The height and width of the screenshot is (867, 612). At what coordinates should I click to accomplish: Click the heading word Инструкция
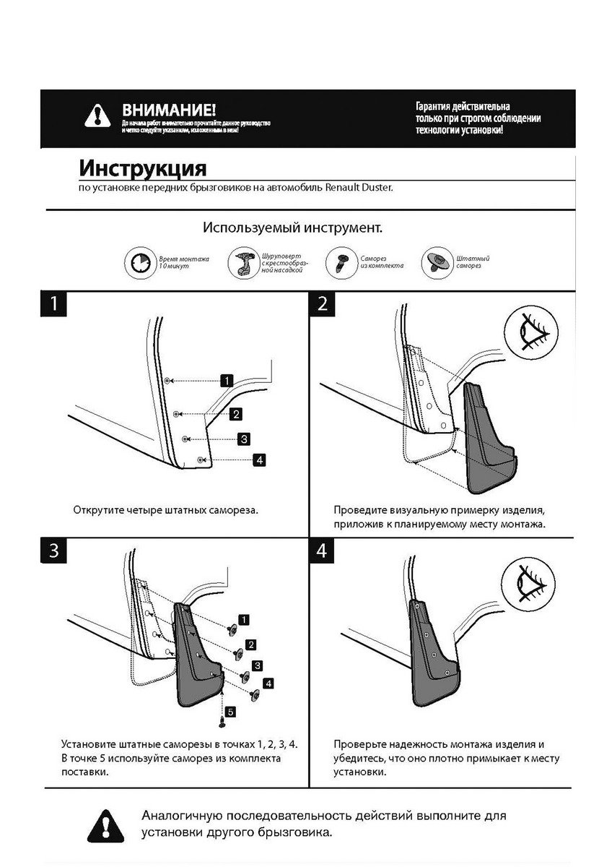click(x=142, y=169)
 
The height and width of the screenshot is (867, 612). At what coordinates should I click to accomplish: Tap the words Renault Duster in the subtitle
click(x=360, y=188)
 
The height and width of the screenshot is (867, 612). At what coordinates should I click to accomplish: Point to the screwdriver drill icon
click(x=240, y=264)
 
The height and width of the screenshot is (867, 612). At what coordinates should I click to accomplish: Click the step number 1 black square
click(x=51, y=303)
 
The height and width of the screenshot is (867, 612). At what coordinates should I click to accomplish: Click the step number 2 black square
click(x=322, y=303)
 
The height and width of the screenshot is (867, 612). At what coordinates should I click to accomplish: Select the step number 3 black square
click(x=51, y=551)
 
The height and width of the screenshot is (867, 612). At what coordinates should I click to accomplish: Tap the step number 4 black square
click(x=322, y=551)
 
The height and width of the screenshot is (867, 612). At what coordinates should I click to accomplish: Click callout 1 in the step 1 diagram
click(x=226, y=380)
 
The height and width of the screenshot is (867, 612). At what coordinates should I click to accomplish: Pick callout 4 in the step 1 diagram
click(x=257, y=459)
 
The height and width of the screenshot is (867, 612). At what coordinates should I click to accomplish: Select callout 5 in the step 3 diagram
click(x=229, y=712)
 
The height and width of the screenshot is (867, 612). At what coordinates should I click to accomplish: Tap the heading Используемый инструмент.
click(x=292, y=228)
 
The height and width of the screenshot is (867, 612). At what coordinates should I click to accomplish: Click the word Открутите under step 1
click(x=98, y=509)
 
